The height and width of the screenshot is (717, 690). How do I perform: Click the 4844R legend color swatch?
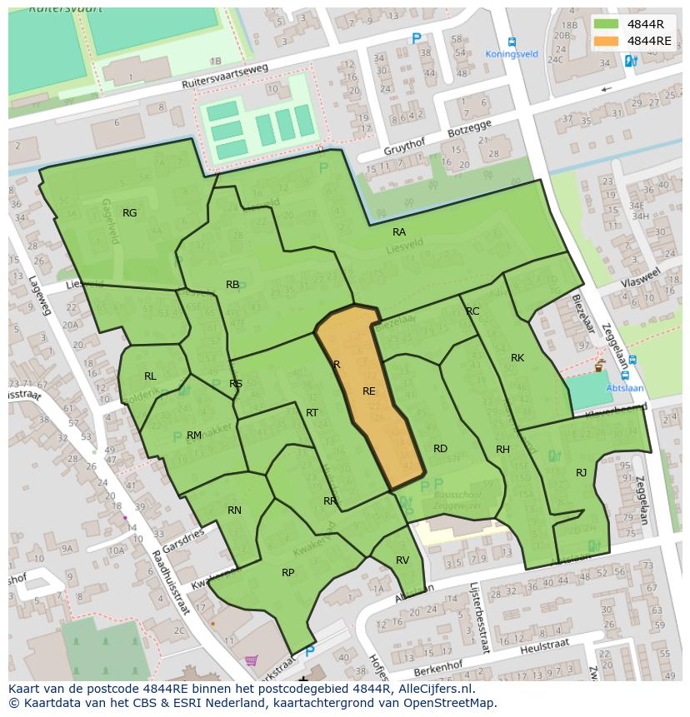[606, 23]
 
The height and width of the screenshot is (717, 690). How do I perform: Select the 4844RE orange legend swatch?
[606, 41]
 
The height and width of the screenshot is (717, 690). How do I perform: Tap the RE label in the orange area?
[369, 391]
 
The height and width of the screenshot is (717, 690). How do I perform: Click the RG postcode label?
[129, 213]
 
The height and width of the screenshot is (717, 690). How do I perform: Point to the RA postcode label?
[399, 232]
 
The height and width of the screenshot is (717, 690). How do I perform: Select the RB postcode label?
[232, 285]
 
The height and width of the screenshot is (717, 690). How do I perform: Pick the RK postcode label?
[517, 358]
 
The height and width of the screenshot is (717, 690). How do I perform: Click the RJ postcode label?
[582, 473]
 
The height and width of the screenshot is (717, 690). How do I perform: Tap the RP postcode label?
[288, 573]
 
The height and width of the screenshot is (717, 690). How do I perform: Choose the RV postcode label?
[402, 560]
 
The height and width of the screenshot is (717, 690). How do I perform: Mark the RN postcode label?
[234, 510]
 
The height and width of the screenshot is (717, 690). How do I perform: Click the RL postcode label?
[150, 376]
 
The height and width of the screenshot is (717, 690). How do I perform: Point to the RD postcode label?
[440, 449]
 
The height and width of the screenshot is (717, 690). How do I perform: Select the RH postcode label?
[502, 450]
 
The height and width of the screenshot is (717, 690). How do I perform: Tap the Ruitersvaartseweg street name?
[226, 78]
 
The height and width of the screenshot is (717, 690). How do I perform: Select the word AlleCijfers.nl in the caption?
[434, 689]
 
